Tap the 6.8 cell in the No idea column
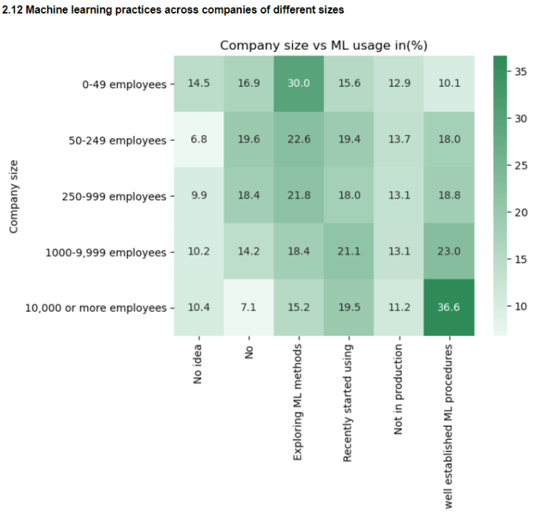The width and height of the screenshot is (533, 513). click(198, 139)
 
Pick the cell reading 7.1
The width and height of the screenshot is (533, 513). click(248, 307)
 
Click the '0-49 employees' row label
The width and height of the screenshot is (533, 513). click(124, 84)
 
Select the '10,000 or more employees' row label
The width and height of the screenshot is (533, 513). click(96, 308)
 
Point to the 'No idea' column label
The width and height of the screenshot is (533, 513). click(198, 365)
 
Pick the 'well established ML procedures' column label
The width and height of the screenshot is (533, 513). click(448, 426)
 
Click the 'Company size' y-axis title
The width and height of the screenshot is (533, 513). click(14, 196)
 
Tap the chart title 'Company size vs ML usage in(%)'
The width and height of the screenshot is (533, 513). click(323, 46)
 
